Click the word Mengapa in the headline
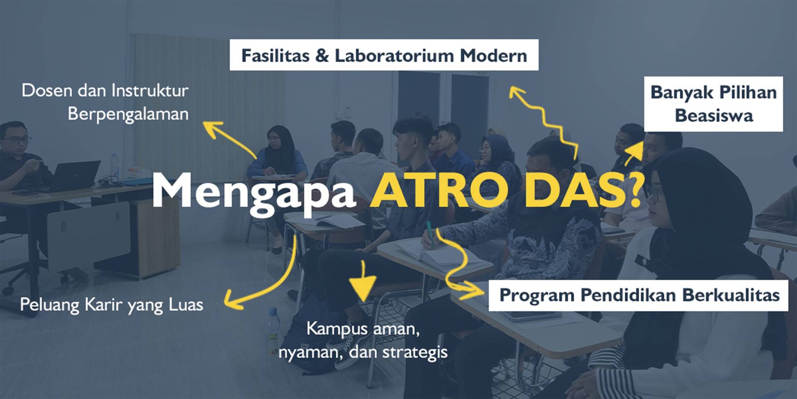254,192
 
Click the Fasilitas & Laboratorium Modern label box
384,55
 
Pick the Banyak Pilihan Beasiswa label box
714,104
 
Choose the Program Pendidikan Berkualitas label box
638,295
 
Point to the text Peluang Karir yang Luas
111,305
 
